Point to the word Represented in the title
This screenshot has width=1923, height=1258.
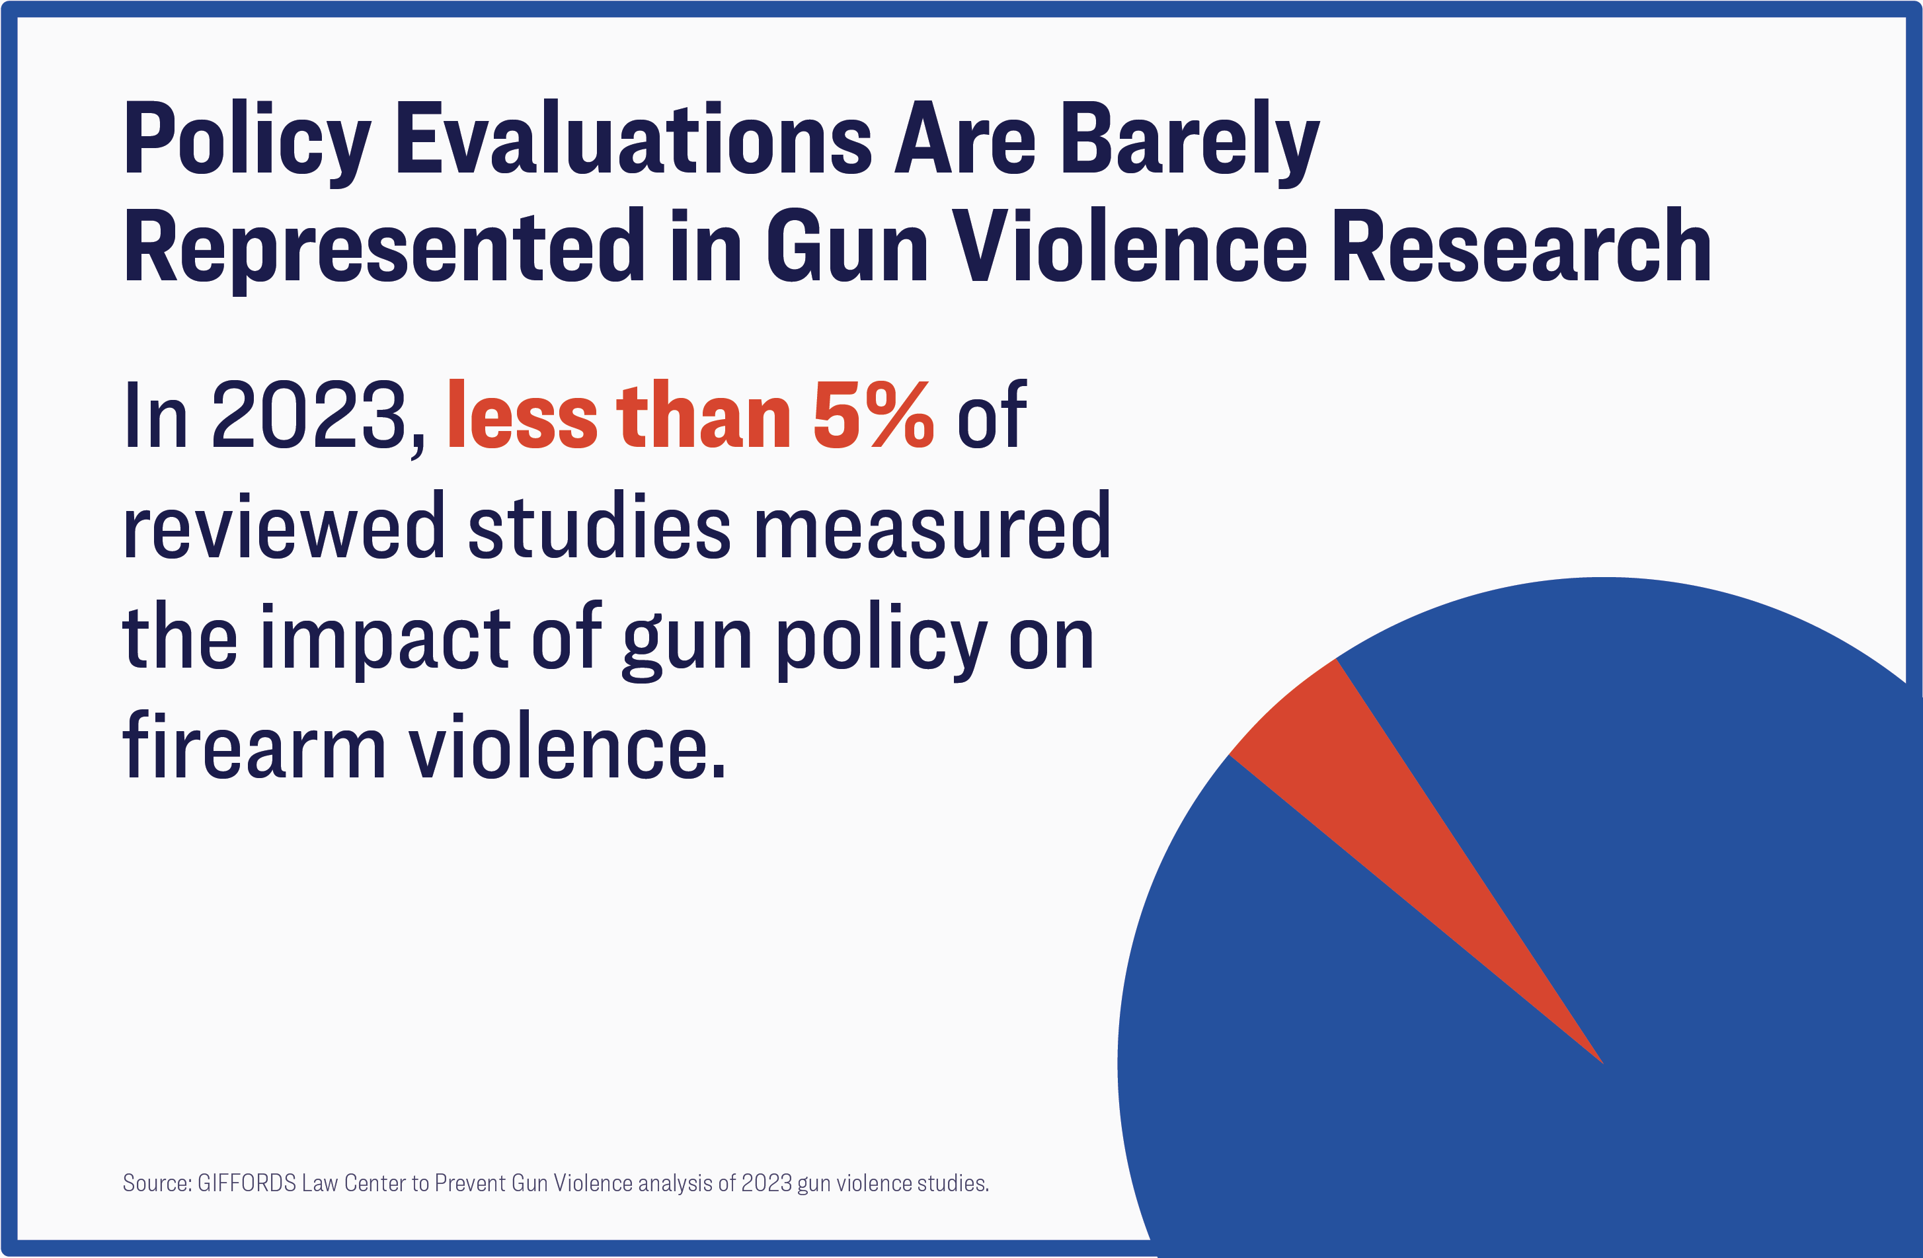(x=385, y=247)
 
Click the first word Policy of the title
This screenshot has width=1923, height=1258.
(x=247, y=139)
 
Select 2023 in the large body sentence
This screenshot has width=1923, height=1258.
(x=311, y=416)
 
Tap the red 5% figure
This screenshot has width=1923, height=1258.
(x=873, y=416)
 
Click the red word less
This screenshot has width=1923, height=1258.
(x=521, y=416)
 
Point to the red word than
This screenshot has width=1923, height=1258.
(x=703, y=416)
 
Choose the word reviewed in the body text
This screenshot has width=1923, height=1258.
(x=284, y=527)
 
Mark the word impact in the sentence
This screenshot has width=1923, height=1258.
(x=385, y=639)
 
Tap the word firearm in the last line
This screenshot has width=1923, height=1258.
(x=255, y=748)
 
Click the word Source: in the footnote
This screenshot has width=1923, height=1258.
(x=157, y=1184)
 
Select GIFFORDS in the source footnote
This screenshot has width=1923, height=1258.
(x=247, y=1184)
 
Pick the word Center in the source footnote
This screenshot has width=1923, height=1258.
(x=375, y=1184)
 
